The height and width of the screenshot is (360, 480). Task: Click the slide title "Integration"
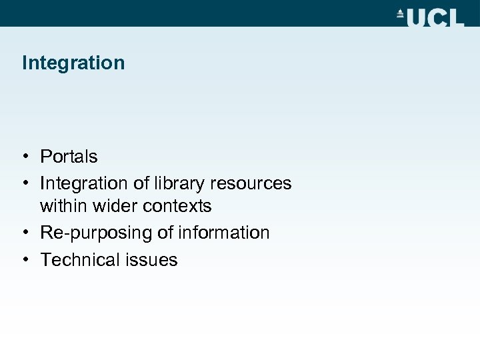click(73, 63)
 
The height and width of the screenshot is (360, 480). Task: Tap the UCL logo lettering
click(435, 17)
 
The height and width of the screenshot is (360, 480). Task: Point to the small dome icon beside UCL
click(401, 13)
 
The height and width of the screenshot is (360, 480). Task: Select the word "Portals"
click(69, 157)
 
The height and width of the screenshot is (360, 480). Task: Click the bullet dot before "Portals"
click(23, 157)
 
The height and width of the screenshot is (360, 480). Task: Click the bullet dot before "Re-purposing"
click(23, 233)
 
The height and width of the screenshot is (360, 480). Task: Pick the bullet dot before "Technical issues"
click(23, 259)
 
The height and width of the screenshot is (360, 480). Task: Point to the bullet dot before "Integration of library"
click(23, 183)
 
